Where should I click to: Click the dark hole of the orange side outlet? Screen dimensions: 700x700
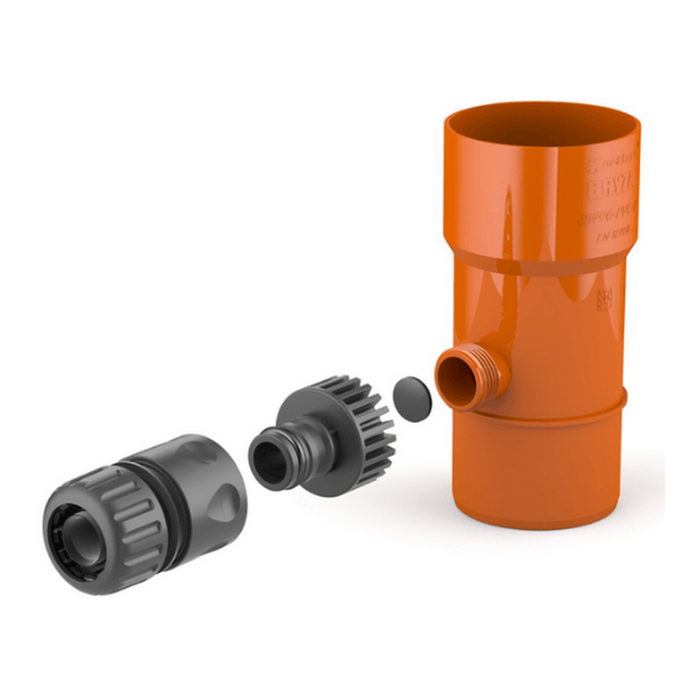(x=456, y=378)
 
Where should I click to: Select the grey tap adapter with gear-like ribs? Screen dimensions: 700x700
(x=322, y=435)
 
